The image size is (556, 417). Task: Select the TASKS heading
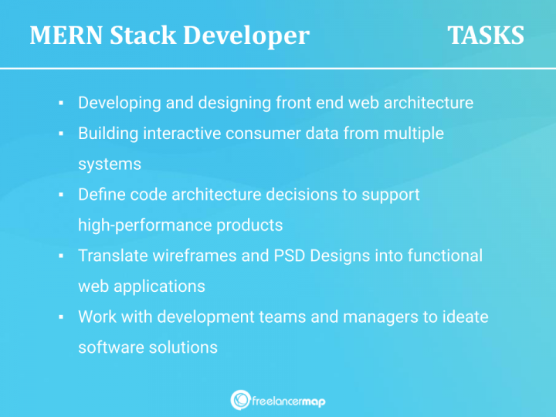click(486, 36)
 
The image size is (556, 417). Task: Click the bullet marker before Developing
click(60, 103)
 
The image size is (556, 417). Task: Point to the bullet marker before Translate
click(60, 256)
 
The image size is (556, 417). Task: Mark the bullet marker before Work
click(60, 317)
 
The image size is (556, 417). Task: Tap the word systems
click(109, 164)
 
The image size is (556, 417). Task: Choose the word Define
click(101, 195)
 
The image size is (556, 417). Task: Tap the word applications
click(161, 286)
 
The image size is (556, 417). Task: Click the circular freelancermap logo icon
click(240, 399)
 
